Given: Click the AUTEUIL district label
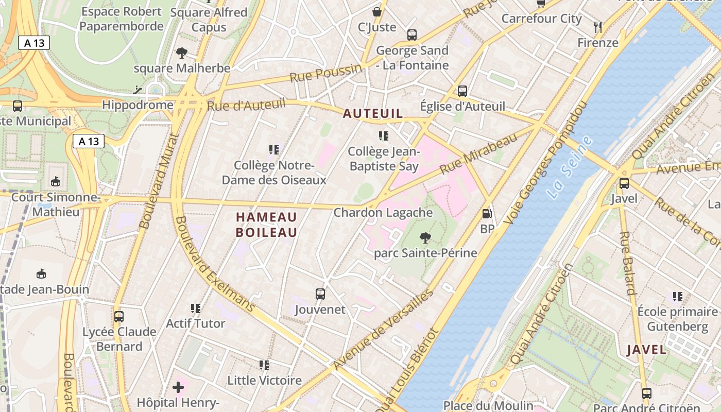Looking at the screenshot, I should point(372,113).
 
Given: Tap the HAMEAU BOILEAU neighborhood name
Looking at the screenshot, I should point(266,225).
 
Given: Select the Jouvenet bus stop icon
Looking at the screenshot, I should point(320,294).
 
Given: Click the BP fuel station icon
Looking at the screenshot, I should point(487,214).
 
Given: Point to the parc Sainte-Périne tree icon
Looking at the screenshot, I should point(425,237).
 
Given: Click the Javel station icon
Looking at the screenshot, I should point(624,183).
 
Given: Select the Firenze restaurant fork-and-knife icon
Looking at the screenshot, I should point(597,27).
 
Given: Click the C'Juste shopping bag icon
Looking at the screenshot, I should point(377,11).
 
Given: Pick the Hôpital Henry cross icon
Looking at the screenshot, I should point(178,387).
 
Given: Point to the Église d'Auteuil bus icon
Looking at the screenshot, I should point(462,91).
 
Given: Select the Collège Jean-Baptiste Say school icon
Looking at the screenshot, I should point(383,136).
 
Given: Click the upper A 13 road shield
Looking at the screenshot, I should point(34,43).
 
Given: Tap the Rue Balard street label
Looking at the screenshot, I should point(628,263).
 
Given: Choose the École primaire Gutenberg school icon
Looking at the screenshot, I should point(677,297).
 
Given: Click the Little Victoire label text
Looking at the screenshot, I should point(265,381).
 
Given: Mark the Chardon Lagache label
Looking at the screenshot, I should point(383,212).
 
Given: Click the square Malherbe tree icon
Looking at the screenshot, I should point(181,53).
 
